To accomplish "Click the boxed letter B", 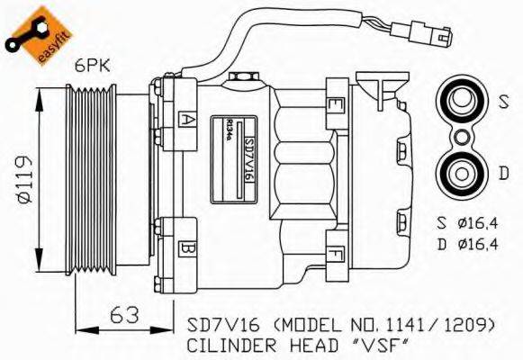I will point(187,245).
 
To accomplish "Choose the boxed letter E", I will point(335,105).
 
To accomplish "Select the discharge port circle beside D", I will point(460,169).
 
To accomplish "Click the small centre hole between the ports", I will point(460,136).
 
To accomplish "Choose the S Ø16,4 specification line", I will point(465,222).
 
